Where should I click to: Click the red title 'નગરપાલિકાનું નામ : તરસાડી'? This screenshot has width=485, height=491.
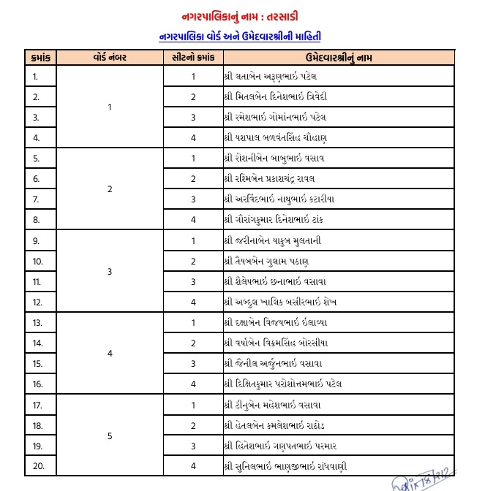point(241,16)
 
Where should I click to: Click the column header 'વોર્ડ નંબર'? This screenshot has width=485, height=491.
point(109,56)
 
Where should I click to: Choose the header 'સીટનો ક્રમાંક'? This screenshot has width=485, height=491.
point(192,56)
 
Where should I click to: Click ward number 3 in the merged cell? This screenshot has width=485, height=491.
point(110,271)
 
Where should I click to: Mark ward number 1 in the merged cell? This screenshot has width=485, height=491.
point(110,107)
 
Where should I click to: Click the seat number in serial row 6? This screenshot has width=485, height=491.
point(193,178)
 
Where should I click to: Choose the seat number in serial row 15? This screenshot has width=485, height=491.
point(193,362)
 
